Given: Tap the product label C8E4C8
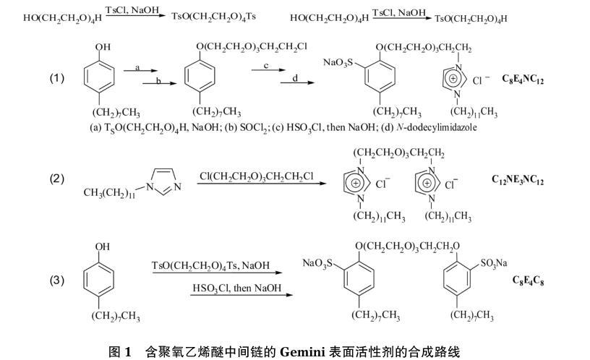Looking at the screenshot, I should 529,280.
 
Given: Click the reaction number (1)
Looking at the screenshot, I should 57,78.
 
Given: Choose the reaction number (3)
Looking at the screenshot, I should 57,280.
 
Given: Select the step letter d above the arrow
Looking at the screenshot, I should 295,77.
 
